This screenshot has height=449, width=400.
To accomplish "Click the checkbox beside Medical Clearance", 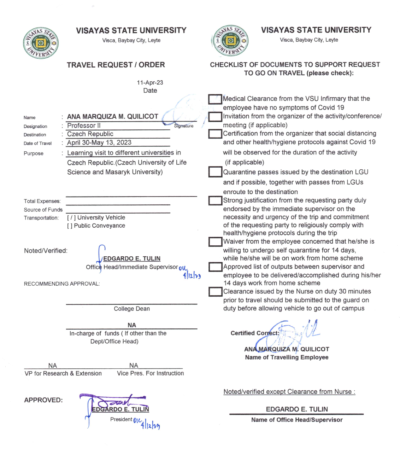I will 215,99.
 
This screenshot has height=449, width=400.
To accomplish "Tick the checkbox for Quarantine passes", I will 215,172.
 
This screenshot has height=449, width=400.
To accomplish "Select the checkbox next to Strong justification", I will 215,200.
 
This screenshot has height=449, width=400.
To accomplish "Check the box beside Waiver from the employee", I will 215,242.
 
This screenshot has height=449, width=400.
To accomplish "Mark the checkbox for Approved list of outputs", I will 215,267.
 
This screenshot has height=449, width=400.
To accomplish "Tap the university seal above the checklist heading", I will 230,41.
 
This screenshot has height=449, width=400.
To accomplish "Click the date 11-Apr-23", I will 150,83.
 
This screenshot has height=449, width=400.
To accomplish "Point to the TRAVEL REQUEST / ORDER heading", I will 116,65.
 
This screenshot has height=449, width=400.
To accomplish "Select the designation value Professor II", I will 84,126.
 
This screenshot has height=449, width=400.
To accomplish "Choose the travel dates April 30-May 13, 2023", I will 99,142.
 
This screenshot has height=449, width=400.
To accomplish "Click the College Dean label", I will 131,309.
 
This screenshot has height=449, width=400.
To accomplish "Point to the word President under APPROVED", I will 121,419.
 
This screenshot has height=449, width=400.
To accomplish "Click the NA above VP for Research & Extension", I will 52,366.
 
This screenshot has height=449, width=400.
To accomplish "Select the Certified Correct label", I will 255,333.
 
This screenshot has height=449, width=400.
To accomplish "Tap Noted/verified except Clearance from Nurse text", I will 289,392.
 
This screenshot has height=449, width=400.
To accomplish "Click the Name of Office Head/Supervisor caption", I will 297,420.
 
